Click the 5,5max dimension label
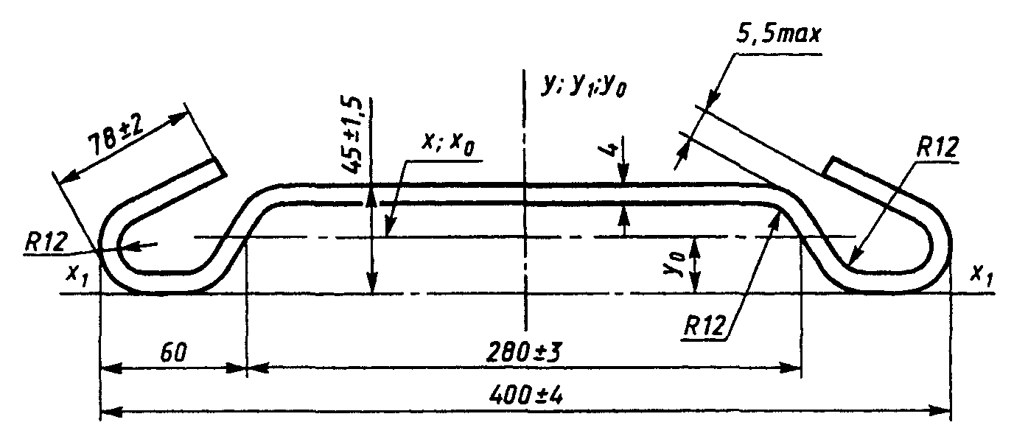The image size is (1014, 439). point(778,35)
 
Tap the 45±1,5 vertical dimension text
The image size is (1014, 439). point(352,135)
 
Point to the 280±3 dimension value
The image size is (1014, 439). point(524,353)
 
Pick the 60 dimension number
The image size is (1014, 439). point(173,353)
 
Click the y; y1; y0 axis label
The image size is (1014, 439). point(584,85)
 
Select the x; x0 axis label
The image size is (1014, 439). point(448,144)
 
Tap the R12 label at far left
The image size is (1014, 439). point(46,242)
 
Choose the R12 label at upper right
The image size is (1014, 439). point(937,147)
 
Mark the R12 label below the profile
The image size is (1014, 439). point(704,326)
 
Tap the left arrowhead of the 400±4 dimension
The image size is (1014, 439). point(111,412)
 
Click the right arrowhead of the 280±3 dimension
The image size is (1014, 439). point(790,368)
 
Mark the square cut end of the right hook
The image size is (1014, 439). point(828,167)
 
